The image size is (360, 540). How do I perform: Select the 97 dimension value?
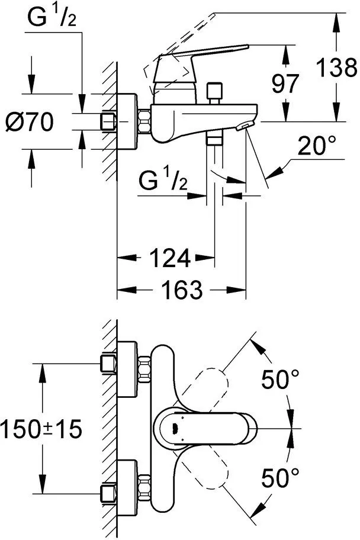[286, 83]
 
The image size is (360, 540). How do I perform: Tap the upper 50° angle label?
[280, 379]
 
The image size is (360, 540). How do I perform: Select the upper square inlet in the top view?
[108, 364]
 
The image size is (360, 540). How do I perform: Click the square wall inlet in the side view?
[108, 122]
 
